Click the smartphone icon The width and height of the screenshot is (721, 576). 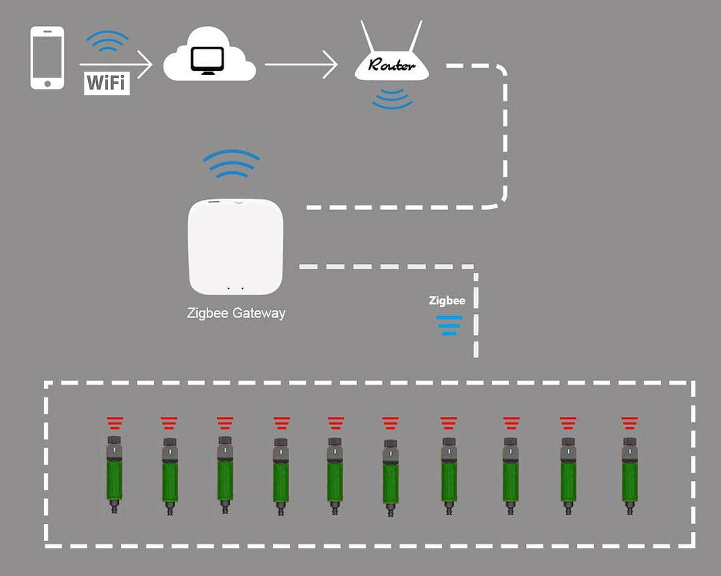[x=47, y=57]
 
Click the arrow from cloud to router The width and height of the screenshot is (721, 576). [x=301, y=65]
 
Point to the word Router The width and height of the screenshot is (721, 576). [x=392, y=65]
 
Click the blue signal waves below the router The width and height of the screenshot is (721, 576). [x=392, y=99]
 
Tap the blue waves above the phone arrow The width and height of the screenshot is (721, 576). [x=107, y=42]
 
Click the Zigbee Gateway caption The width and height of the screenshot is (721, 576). [x=236, y=313]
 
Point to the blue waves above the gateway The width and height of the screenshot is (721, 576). [x=231, y=164]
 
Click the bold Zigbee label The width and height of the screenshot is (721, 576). [x=447, y=301]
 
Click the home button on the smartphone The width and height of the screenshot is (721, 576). [x=47, y=84]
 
